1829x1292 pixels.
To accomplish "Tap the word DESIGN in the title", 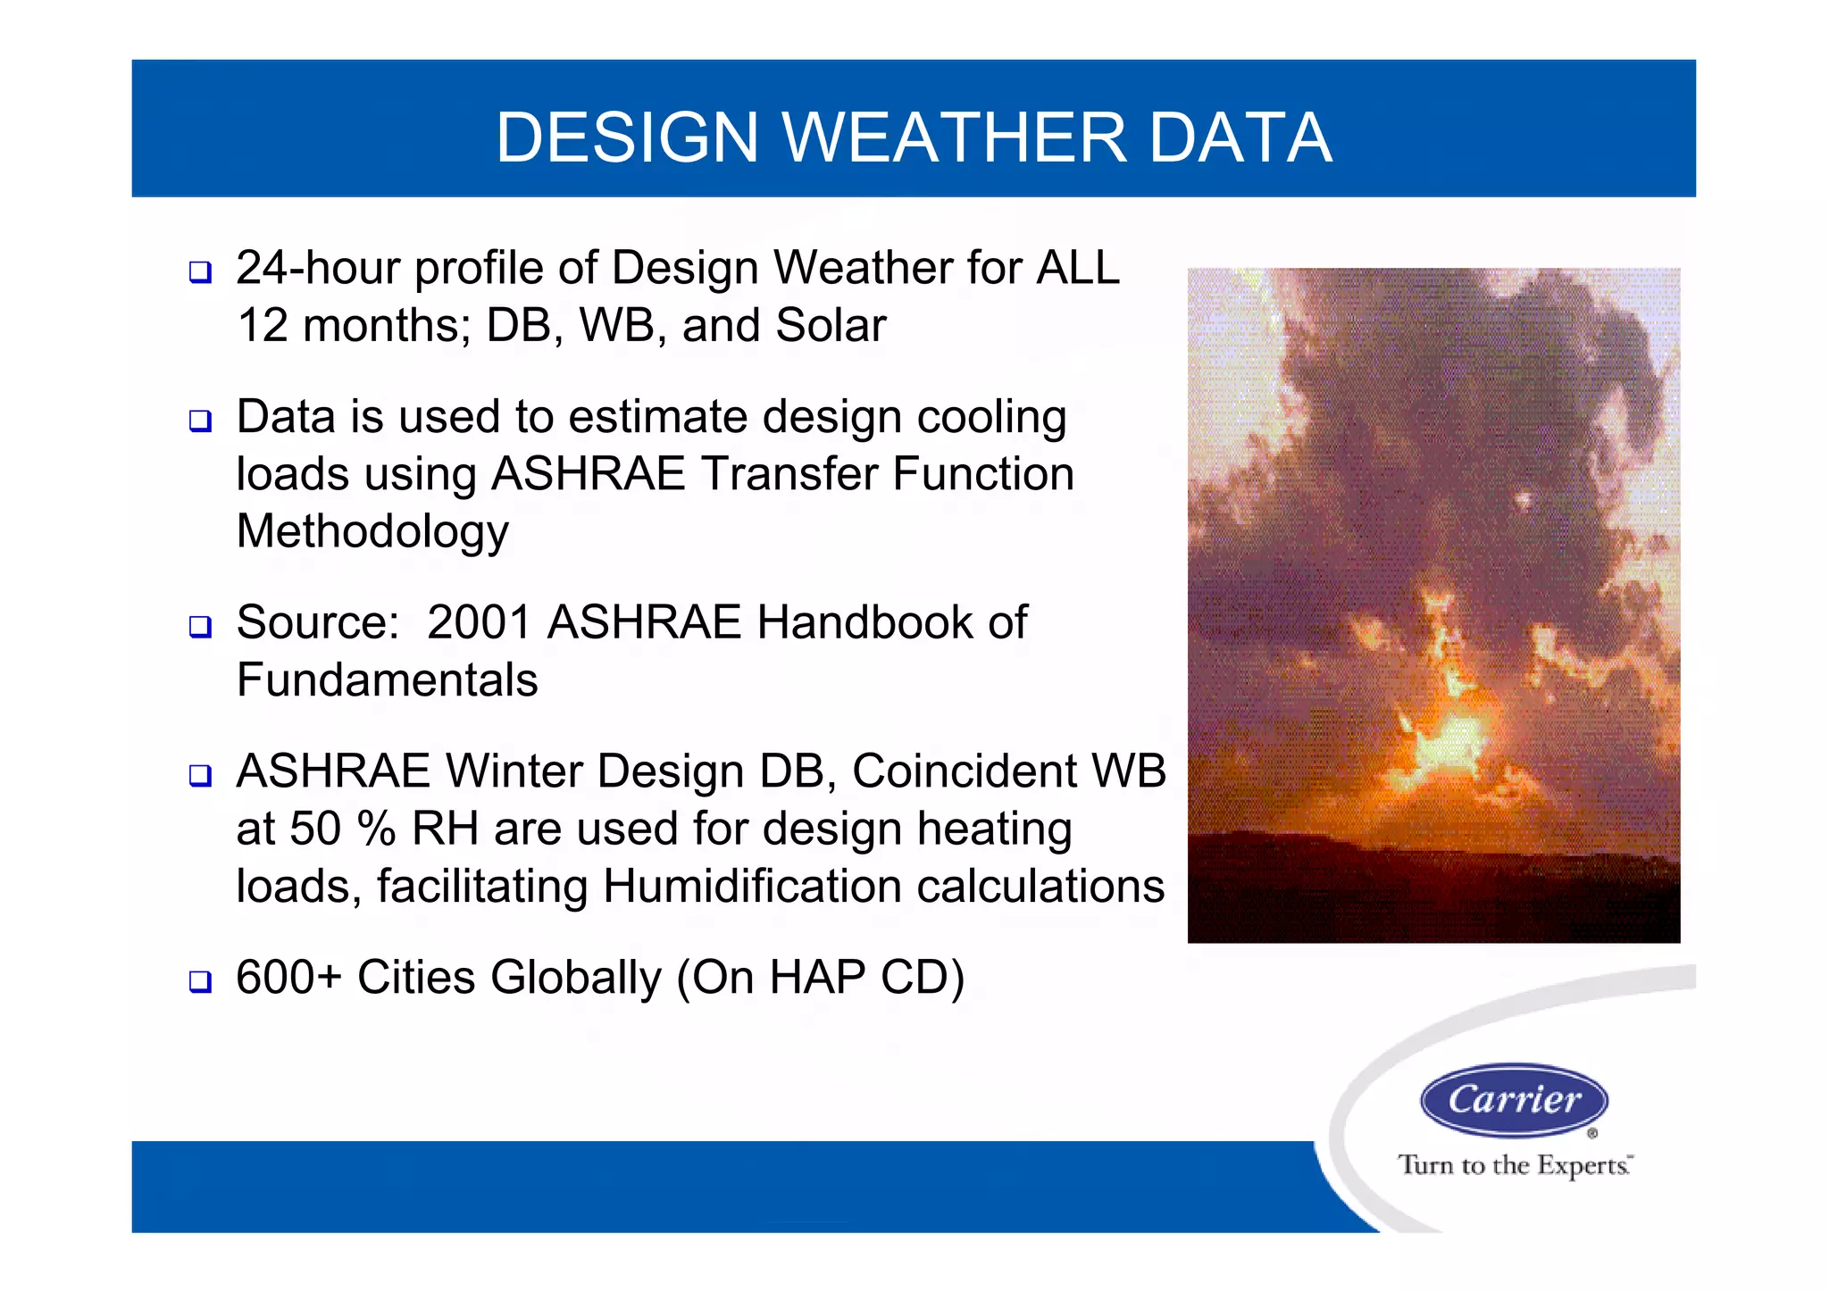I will [x=627, y=138].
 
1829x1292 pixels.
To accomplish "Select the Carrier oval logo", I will [x=1514, y=1100].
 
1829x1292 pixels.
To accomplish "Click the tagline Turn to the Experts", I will [x=1515, y=1165].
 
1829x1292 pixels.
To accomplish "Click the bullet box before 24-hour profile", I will [x=200, y=272].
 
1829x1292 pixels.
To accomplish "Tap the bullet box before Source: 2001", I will [x=200, y=627].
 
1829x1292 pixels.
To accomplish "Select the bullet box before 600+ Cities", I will [x=200, y=981].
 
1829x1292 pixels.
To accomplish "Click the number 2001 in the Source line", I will [x=480, y=622].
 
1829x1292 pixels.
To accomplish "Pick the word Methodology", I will [x=372, y=532].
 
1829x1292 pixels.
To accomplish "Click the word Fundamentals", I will [x=387, y=680].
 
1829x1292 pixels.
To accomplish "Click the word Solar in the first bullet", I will [x=831, y=325].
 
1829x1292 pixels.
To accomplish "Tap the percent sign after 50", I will [x=376, y=829].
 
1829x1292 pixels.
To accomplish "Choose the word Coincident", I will [x=965, y=771].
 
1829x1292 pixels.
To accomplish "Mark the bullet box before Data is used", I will [x=200, y=421].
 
